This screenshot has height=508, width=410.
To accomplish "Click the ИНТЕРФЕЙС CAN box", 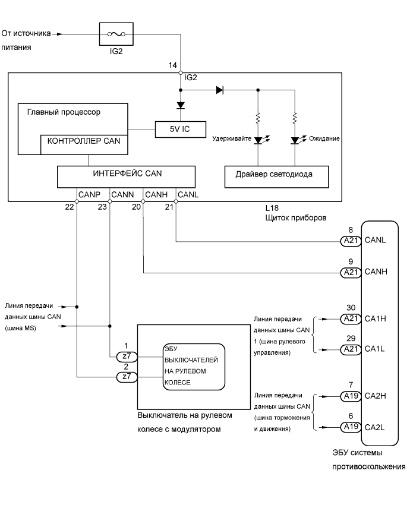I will tap(126, 176).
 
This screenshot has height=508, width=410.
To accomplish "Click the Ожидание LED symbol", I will tap(295, 141).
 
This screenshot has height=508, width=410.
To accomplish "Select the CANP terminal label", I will tap(87, 194).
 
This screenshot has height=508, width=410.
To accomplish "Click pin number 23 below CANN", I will tap(103, 206).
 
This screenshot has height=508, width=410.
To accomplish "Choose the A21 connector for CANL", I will tap(349, 241).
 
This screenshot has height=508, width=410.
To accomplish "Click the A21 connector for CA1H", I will tap(349, 318).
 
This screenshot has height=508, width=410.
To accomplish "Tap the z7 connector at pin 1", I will tap(125, 356).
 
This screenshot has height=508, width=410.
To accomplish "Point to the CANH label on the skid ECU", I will tap(380, 273).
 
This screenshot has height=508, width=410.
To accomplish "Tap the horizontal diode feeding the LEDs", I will tap(219, 90).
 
